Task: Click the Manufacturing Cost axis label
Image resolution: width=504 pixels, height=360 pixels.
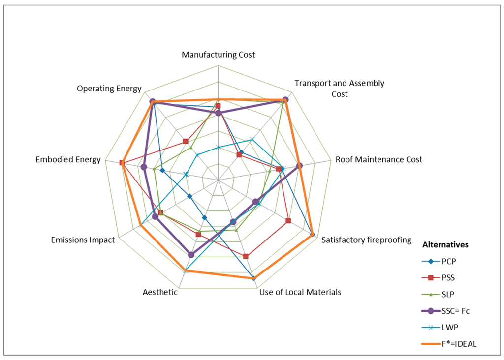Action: pos(219,55)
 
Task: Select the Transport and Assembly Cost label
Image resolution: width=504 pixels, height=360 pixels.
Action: pos(339,89)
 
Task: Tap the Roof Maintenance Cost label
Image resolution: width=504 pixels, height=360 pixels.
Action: pos(378,160)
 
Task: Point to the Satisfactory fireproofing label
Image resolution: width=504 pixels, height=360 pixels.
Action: pos(366,240)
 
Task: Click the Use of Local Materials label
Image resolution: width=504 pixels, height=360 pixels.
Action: pos(300,292)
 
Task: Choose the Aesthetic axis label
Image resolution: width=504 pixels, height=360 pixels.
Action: pos(160,292)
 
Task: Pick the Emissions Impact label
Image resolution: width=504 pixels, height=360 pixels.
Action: pos(83,240)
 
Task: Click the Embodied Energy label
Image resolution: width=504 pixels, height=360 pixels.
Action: pos(68,160)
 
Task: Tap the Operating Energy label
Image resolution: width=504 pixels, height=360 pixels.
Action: pos(109,89)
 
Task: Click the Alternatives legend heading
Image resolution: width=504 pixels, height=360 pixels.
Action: pos(445,244)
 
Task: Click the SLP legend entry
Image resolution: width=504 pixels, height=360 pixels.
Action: pos(452,295)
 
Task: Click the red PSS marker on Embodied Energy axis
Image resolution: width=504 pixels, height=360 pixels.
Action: pos(121,163)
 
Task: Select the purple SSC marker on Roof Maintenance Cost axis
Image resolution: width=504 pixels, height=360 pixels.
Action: pos(299,165)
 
